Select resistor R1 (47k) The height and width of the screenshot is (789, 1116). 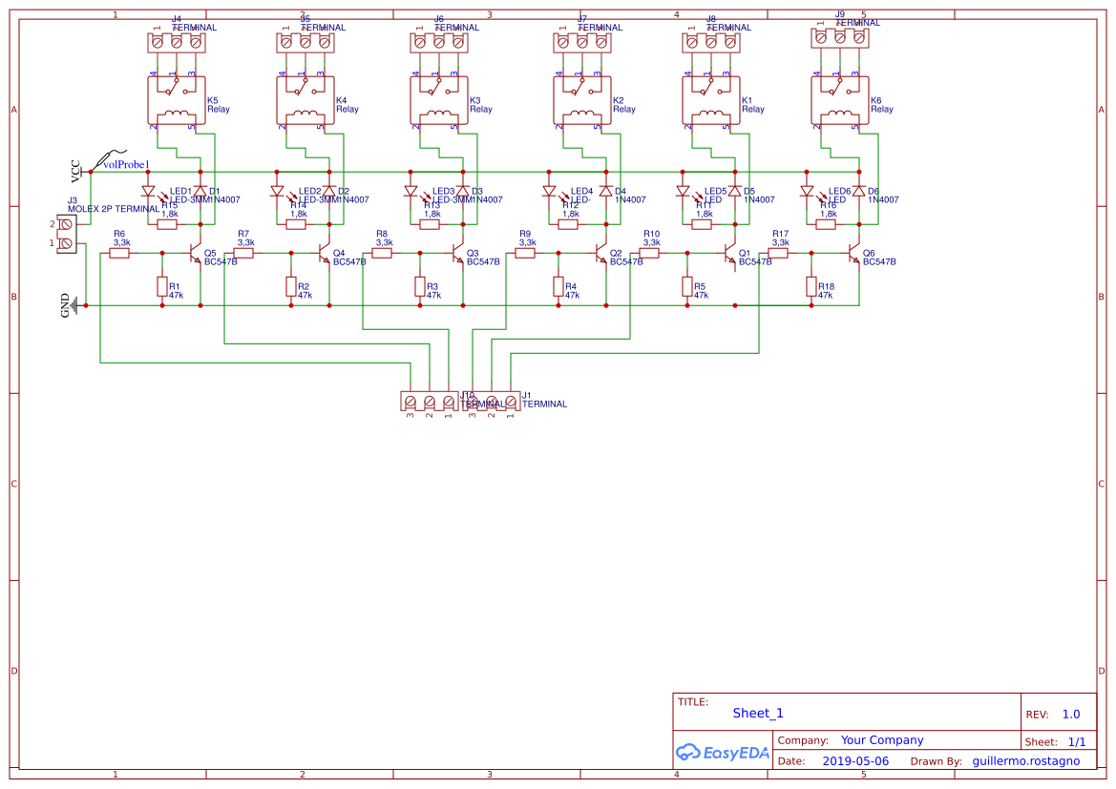pos(162,286)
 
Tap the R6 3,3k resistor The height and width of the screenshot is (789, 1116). pos(119,253)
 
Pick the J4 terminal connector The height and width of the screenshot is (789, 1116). pos(176,42)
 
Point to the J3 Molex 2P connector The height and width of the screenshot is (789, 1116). pos(66,234)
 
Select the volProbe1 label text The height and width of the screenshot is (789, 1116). pos(126,165)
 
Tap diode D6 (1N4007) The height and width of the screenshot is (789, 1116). pos(859,191)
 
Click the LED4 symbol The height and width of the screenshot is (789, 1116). pos(549,191)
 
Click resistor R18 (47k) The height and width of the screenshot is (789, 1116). pos(811,286)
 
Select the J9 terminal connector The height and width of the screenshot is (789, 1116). pos(839,37)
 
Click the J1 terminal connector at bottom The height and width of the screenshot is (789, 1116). pos(492,402)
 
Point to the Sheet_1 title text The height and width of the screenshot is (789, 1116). pos(758,713)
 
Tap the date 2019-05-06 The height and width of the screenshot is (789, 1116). pos(854,761)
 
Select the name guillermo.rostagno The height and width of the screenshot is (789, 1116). pos(1025,761)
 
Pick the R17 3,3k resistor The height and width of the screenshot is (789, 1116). pos(780,253)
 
